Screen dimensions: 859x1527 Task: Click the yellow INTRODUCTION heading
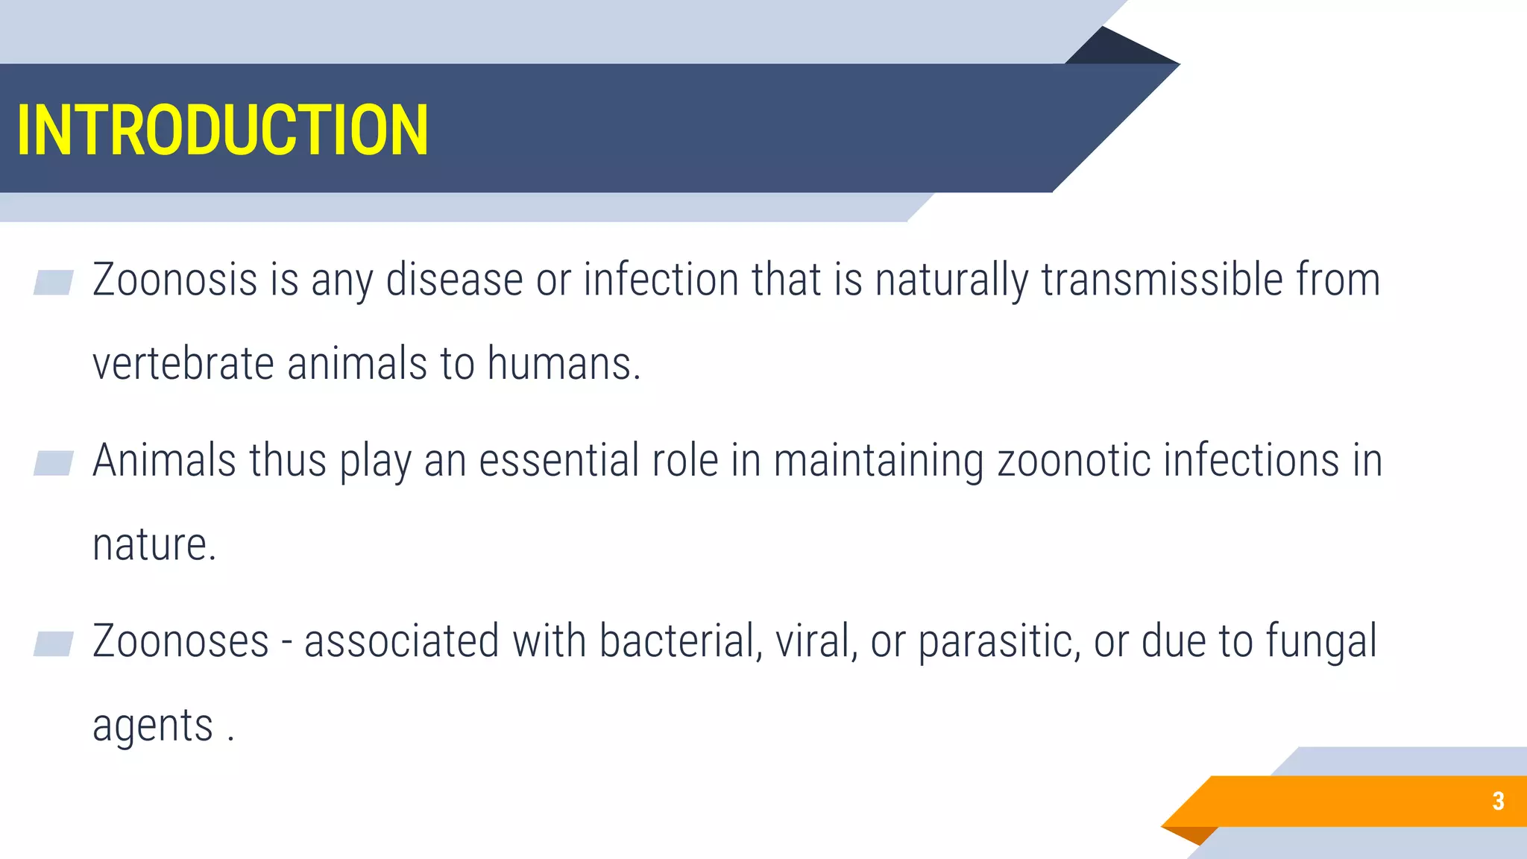[222, 130]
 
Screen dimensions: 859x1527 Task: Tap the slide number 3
[1498, 801]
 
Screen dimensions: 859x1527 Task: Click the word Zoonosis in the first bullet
[174, 280]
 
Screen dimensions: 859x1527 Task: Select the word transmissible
[1162, 280]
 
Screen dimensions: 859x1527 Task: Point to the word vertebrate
[183, 364]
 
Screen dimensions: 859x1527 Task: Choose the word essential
[558, 460]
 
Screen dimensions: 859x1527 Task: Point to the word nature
[154, 545]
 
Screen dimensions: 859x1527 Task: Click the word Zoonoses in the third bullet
[180, 641]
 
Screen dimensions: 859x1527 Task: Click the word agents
[153, 726]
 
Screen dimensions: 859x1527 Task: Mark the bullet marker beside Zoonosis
[54, 283]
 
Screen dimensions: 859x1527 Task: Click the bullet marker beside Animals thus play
[54, 463]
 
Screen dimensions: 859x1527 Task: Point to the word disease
[454, 280]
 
